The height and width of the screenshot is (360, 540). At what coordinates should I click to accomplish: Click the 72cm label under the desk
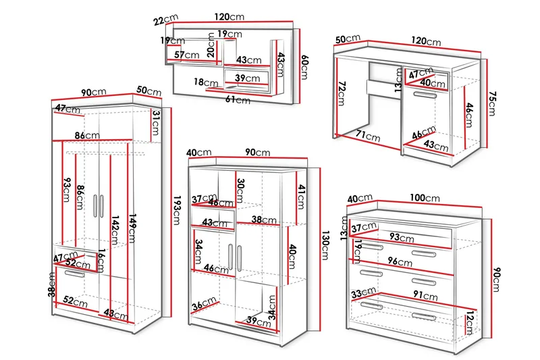tap(342, 89)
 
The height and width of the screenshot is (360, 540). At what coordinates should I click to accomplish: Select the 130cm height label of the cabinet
tap(325, 246)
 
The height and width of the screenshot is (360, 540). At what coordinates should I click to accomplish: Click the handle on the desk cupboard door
tap(424, 96)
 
